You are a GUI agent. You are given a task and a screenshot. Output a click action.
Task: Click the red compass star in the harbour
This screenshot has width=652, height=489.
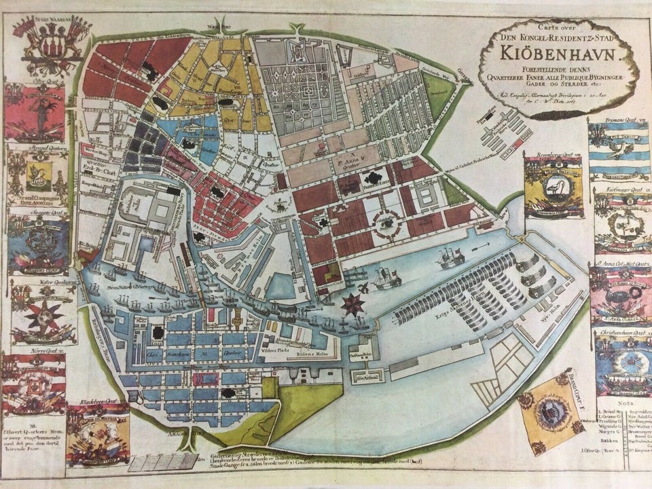[352, 304]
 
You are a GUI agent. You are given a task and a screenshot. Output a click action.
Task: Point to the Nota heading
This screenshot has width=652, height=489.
[615, 403]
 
